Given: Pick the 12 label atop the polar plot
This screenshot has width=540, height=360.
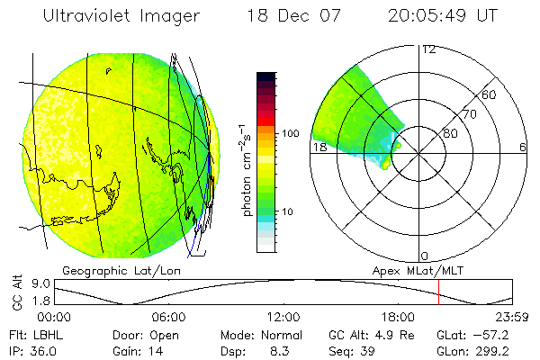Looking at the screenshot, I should click(x=428, y=49).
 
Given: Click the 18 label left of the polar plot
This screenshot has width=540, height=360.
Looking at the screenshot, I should click(x=319, y=148).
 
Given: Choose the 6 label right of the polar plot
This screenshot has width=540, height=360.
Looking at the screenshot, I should click(x=523, y=148).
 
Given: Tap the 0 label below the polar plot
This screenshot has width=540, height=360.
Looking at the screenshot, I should click(x=425, y=256).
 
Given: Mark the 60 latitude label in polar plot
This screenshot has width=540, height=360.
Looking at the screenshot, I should click(x=490, y=94).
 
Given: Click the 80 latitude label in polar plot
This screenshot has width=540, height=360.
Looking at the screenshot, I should click(x=449, y=134).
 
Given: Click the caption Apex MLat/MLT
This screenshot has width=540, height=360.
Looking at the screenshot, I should click(x=412, y=270).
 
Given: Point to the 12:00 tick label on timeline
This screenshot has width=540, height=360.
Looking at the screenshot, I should click(x=283, y=317).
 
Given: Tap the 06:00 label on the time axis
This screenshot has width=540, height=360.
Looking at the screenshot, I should click(x=168, y=317).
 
